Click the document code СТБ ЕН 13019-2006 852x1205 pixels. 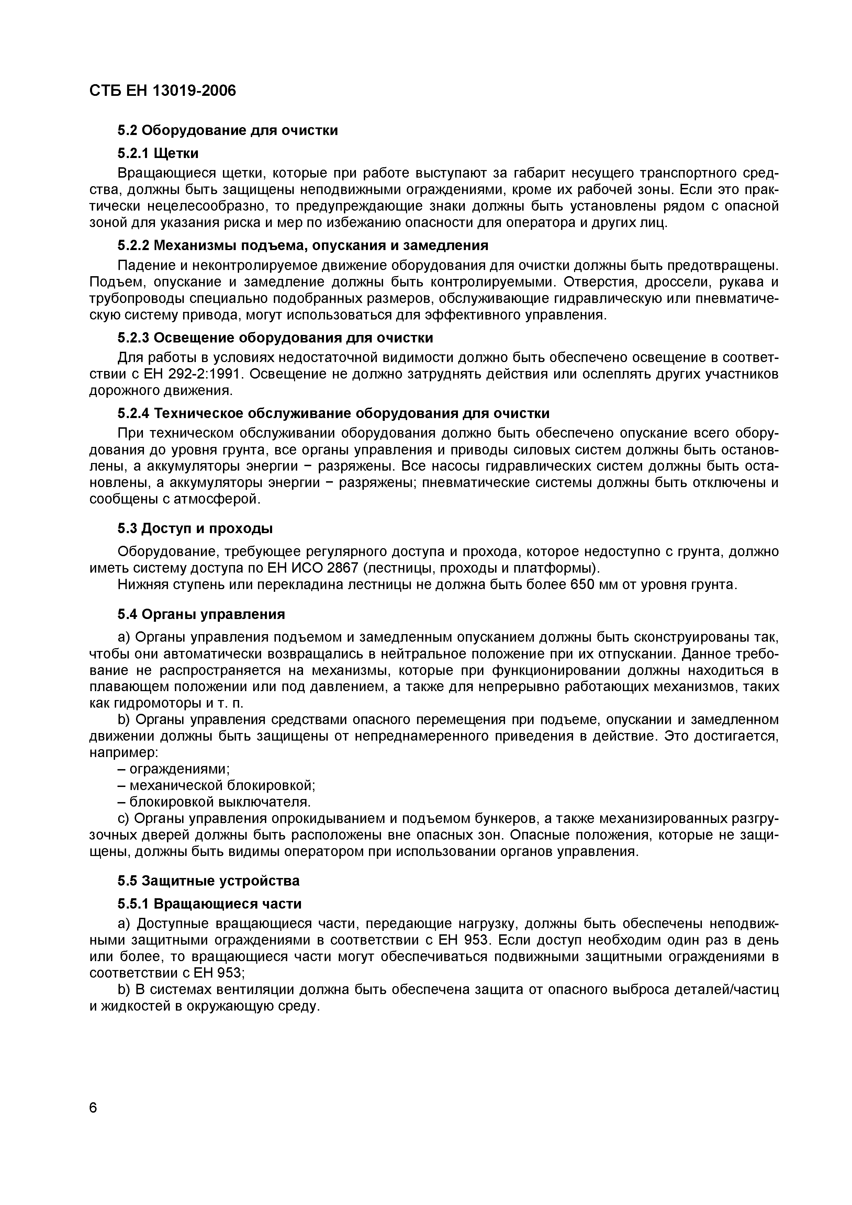pyautogui.click(x=163, y=91)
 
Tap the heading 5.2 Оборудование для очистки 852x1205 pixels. pyautogui.click(x=227, y=130)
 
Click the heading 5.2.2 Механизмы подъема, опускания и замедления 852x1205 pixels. pyautogui.click(x=302, y=245)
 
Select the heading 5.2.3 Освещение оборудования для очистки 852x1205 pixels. pyautogui.click(x=275, y=337)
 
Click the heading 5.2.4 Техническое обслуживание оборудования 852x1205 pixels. pyautogui.click(x=333, y=414)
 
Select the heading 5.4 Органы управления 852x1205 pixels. pyautogui.click(x=201, y=614)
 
